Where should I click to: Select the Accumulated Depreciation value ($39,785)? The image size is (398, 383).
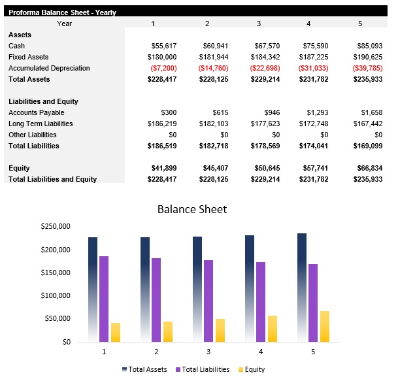click(367, 68)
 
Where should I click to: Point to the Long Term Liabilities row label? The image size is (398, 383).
click(41, 124)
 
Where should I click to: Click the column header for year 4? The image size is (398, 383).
click(308, 24)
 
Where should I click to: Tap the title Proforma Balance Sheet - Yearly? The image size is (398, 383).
click(62, 12)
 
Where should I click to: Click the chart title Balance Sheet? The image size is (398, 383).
click(192, 210)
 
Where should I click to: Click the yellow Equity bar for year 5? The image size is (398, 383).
click(325, 326)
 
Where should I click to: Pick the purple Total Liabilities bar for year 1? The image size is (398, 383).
click(104, 299)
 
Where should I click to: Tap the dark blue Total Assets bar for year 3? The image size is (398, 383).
click(197, 289)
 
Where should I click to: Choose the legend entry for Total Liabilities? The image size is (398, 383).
click(203, 369)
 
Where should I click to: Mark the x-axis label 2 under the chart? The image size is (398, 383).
click(157, 352)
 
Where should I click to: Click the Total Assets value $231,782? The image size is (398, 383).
click(314, 79)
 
